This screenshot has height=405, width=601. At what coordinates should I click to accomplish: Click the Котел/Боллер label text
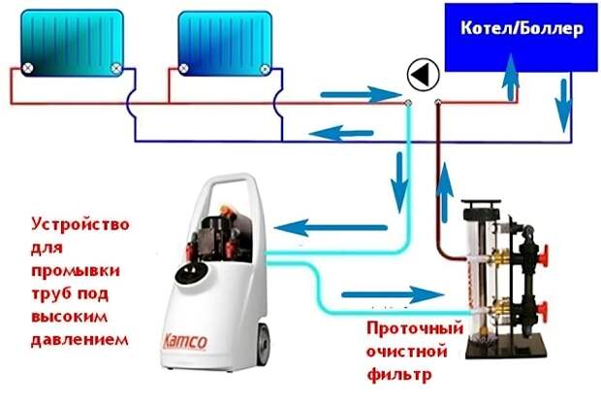tap(522, 28)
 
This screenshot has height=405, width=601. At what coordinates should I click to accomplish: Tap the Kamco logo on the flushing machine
tap(185, 341)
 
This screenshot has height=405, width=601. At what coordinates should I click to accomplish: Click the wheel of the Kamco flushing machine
tap(264, 344)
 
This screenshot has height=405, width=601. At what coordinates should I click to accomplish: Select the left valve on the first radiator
tap(27, 68)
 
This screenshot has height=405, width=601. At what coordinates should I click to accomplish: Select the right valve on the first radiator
tap(115, 69)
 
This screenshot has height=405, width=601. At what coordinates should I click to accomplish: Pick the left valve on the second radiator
tap(183, 69)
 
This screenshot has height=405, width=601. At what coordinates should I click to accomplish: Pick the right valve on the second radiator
tap(265, 69)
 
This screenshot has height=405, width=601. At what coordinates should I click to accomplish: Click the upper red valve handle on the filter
tap(544, 254)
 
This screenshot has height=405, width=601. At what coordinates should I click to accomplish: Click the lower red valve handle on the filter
tap(544, 311)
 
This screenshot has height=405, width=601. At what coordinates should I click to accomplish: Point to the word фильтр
tap(399, 374)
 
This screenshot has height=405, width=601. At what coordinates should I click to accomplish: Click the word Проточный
tap(415, 328)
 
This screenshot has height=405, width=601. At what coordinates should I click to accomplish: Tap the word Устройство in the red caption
tap(80, 224)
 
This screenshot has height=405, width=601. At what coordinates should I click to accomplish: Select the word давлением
tap(79, 339)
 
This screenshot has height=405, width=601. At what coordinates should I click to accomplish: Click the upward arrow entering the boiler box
tap(511, 76)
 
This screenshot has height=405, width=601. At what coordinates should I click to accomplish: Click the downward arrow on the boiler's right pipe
tap(564, 106)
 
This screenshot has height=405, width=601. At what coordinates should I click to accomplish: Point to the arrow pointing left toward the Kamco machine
tap(331, 227)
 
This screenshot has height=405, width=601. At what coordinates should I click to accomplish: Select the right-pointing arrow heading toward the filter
tap(393, 295)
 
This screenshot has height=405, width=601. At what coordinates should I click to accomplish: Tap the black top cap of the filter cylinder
tap(482, 204)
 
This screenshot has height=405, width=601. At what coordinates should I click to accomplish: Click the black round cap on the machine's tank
tap(192, 272)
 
